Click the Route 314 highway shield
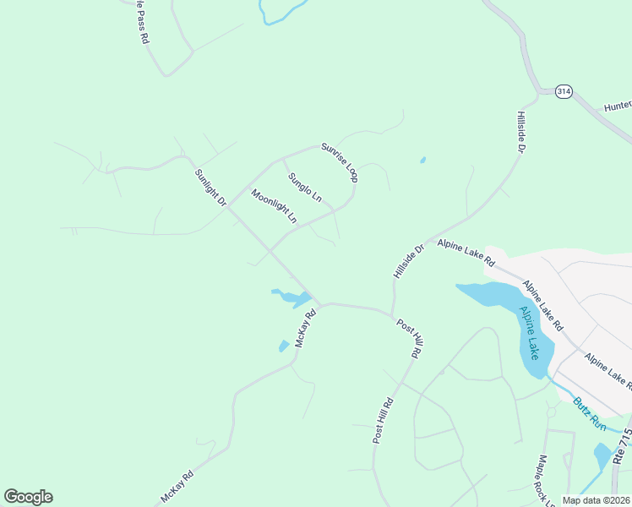(x=564, y=91)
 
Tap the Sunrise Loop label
(x=340, y=161)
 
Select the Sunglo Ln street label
(x=305, y=188)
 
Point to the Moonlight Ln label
(x=275, y=206)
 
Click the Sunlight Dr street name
(x=210, y=188)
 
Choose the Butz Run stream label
(x=589, y=413)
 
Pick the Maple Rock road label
(x=542, y=481)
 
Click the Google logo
(x=28, y=497)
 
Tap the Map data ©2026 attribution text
(x=595, y=500)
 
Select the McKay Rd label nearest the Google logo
(x=177, y=487)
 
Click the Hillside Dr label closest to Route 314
(x=520, y=131)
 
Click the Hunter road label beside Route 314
(x=618, y=106)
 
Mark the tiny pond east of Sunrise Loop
(x=422, y=160)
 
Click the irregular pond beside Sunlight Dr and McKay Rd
(x=293, y=297)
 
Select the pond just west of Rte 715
(x=602, y=455)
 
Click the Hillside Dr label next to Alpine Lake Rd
(x=408, y=262)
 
